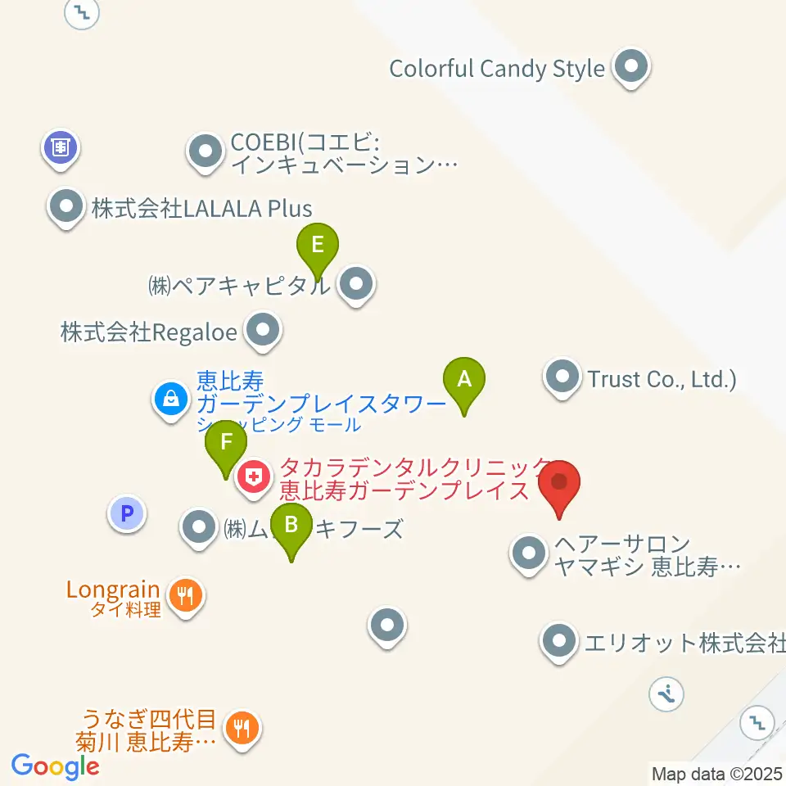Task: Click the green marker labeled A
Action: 464,380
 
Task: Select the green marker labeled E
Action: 318,245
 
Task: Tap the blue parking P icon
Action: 126,514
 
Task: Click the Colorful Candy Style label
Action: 496,68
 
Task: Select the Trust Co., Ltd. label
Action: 662,379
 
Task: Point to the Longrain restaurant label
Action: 113,589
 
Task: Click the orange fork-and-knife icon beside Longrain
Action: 187,595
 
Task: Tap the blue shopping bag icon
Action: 170,399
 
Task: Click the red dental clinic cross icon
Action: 254,475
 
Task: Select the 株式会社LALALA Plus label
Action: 201,208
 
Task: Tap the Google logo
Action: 55,766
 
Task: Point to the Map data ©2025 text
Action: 716,773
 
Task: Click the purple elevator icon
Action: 61,147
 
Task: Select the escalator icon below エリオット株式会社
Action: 666,695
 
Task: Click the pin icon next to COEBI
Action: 205,151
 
